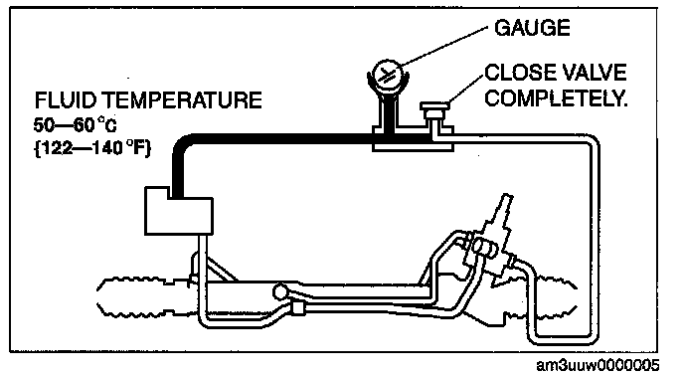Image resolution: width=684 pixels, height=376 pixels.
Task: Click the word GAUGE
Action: click(x=532, y=28)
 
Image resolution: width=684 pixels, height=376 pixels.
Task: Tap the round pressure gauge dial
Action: click(x=388, y=76)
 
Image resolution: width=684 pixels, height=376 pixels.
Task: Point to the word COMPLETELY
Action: click(x=556, y=98)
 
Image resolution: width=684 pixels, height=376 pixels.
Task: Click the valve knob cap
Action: click(x=434, y=106)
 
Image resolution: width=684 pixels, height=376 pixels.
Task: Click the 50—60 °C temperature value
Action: click(x=75, y=125)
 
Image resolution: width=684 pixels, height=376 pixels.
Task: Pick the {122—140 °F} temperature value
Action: click(x=92, y=149)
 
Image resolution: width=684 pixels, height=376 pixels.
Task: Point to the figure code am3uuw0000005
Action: click(x=598, y=365)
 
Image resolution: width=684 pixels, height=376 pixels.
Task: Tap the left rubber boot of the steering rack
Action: click(x=144, y=296)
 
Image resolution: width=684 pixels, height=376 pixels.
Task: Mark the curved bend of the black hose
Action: click(x=183, y=144)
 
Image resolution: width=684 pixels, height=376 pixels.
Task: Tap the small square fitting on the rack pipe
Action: click(x=298, y=307)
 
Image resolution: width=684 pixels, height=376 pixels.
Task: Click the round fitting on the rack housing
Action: click(x=280, y=291)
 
